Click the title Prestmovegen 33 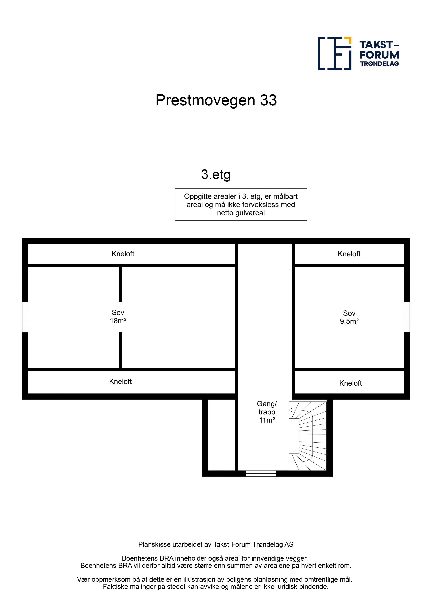tap(216, 100)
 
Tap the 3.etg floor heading tap(216, 175)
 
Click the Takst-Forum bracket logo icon tap(335, 53)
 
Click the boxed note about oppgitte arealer tap(241, 204)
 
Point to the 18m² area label tap(118, 321)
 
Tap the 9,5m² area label tap(349, 322)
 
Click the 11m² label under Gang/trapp tap(267, 420)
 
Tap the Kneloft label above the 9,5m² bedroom tap(349, 254)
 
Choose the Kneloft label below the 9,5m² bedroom tap(350, 383)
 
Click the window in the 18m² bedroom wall tap(25, 317)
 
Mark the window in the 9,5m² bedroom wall tap(407, 317)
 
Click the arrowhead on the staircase tap(291, 410)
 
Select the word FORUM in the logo tap(379, 55)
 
